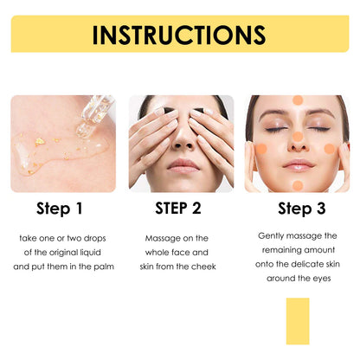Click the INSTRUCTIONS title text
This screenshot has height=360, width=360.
point(179,35)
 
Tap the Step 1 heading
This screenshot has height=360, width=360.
point(61,208)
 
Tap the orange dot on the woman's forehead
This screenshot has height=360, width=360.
point(297,100)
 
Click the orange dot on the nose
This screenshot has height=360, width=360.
point(297,137)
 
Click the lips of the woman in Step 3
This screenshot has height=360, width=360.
point(297,164)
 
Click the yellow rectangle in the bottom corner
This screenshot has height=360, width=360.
point(297,322)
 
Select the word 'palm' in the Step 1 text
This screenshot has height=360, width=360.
point(101,267)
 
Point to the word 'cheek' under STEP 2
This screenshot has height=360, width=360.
point(201,267)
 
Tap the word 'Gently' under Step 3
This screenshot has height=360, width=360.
point(274,235)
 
